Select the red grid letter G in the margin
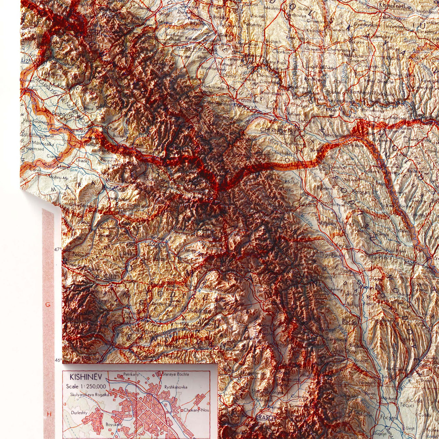tap(48, 304)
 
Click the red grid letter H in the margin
tap(49, 414)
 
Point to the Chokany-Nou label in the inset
tap(196, 410)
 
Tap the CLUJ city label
tap(109, 276)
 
